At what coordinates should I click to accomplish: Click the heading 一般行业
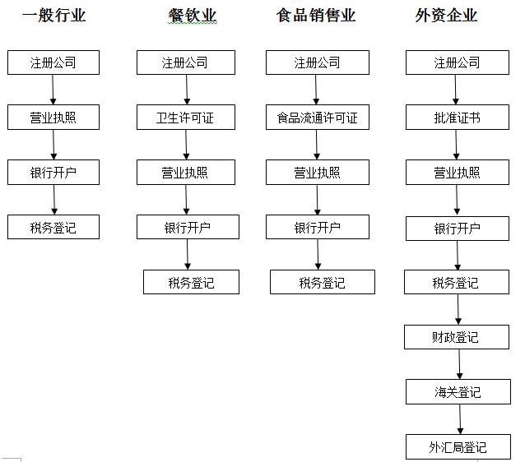[54, 16]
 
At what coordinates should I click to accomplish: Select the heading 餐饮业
[193, 16]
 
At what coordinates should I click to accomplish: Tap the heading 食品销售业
[316, 16]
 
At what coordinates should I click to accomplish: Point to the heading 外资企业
[446, 16]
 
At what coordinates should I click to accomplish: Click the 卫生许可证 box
[186, 117]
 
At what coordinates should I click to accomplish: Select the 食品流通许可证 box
[318, 117]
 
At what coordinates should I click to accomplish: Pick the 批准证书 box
[458, 117]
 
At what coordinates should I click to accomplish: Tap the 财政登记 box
[457, 337]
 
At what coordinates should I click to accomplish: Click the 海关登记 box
[458, 392]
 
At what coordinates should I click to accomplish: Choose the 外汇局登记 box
[458, 447]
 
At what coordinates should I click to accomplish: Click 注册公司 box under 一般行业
[53, 62]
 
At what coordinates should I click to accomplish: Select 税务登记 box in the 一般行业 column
[53, 227]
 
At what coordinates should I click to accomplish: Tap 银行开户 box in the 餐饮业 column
[188, 227]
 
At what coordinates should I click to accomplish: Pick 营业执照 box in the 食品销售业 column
[318, 173]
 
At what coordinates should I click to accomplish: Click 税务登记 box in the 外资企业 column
[457, 282]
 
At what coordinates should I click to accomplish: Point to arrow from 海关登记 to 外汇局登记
[460, 419]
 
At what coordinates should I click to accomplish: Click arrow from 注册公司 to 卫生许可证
[187, 90]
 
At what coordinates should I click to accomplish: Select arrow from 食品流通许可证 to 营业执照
[317, 145]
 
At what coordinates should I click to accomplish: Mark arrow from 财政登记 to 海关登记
[459, 364]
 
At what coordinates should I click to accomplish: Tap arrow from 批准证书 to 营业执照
[456, 145]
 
